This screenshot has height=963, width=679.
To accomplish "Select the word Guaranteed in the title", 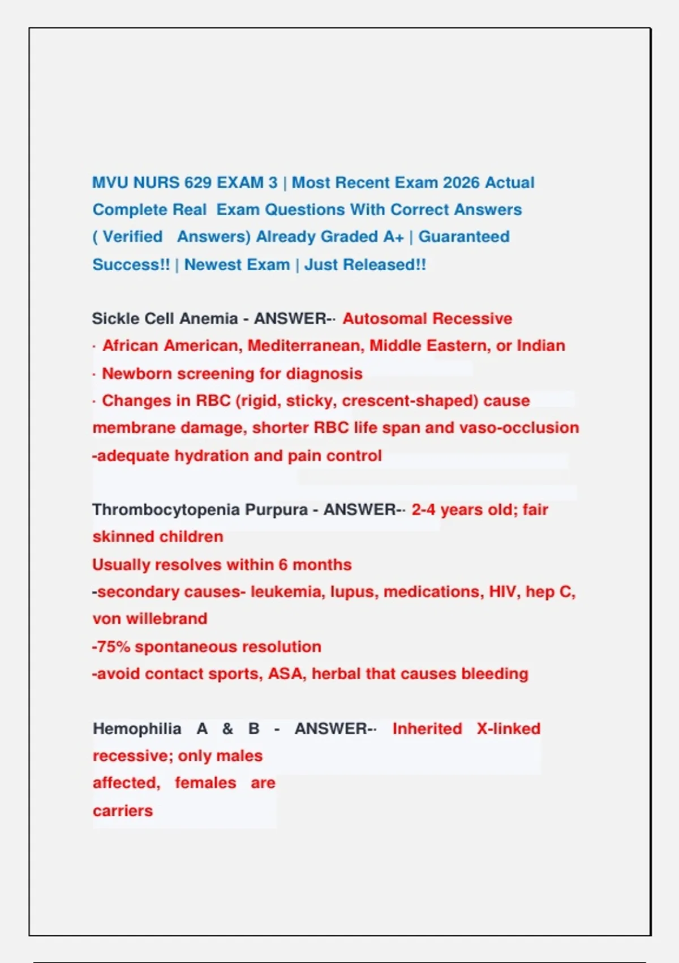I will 464,237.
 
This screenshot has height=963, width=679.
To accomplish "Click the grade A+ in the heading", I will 393,237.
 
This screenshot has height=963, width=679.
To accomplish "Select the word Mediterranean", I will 306,346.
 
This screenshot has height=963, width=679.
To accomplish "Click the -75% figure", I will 111,647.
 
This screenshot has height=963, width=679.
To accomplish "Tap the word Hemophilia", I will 137,729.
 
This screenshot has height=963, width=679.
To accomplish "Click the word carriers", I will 123,811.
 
